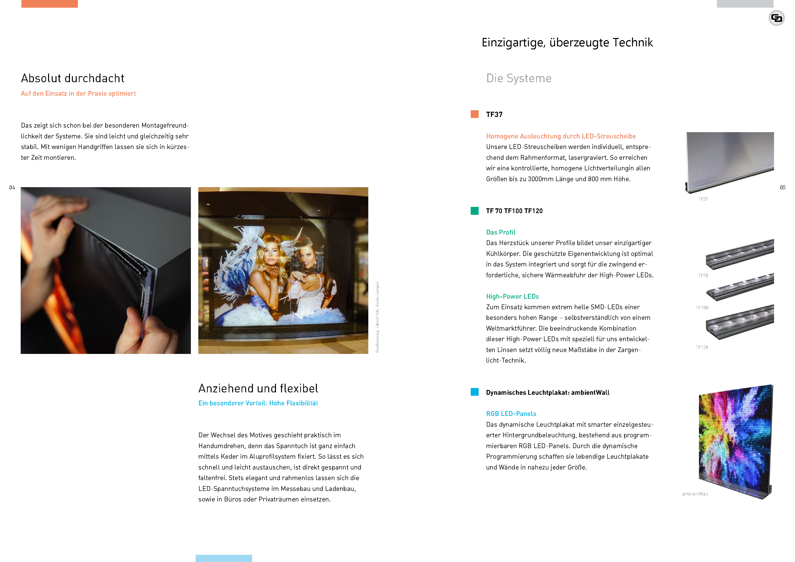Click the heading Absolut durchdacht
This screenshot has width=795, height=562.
click(72, 78)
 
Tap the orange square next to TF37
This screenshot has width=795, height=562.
click(474, 114)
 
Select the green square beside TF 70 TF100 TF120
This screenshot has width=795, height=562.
click(474, 211)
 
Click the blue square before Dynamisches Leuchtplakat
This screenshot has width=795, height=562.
click(474, 392)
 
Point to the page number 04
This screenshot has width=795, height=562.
click(12, 188)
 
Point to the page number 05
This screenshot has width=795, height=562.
click(782, 188)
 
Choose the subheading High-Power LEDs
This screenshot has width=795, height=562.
click(512, 296)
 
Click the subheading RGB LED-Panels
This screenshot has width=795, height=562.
click(511, 414)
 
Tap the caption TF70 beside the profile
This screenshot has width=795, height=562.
click(703, 275)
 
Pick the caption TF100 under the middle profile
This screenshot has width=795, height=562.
click(702, 308)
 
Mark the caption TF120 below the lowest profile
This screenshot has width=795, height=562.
click(702, 347)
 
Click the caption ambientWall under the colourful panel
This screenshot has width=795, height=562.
click(695, 494)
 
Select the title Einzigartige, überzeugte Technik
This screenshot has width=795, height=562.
click(567, 43)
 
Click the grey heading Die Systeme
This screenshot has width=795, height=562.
click(518, 78)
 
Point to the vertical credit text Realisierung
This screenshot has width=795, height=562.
click(377, 317)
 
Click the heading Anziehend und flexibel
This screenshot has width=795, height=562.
click(258, 388)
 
